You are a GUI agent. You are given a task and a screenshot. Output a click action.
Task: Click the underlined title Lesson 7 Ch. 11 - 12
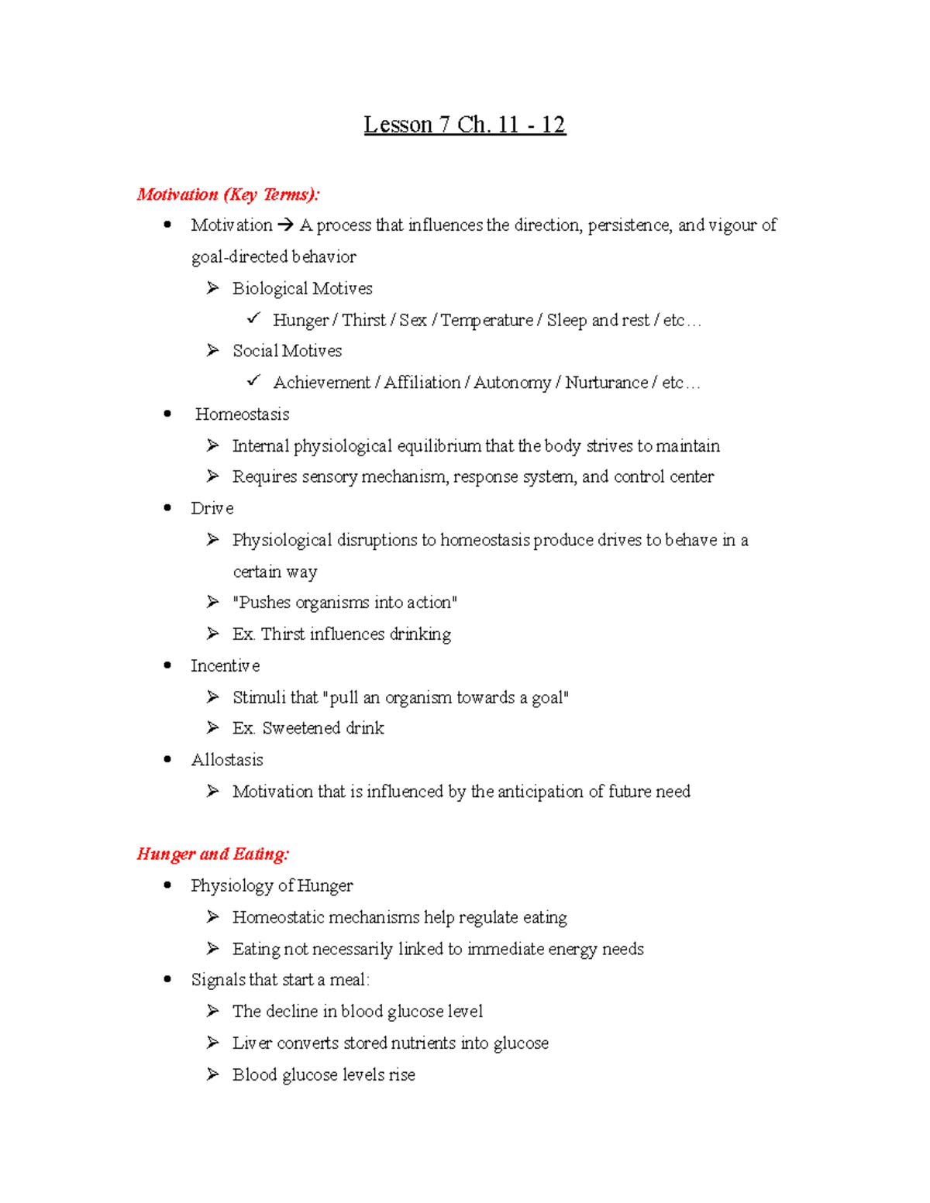[465, 125]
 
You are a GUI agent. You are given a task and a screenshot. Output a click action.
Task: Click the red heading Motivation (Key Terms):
[228, 194]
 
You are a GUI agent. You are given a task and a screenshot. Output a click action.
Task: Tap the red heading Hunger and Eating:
[213, 854]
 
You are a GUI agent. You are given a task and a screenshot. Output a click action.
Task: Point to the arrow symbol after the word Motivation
[285, 225]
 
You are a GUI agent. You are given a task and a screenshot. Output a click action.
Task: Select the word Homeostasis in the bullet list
[242, 414]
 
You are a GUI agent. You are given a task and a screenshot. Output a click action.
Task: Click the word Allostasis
[227, 760]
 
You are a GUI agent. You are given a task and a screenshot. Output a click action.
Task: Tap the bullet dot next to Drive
[167, 508]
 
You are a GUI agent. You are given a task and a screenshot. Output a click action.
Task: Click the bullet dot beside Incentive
[167, 665]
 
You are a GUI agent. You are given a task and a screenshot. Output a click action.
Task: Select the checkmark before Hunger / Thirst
[253, 318]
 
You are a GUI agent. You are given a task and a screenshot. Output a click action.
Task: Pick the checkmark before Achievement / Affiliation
[253, 381]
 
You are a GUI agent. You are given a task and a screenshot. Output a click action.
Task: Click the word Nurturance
[606, 383]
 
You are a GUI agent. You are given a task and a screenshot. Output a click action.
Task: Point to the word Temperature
[487, 321]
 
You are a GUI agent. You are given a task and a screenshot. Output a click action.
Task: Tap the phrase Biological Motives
[302, 289]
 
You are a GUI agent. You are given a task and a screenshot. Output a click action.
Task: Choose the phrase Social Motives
[287, 351]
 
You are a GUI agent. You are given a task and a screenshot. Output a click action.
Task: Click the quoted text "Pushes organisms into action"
[345, 603]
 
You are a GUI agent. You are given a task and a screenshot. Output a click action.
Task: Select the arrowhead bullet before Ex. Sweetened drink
[213, 727]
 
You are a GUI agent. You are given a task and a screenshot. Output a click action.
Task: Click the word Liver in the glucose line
[252, 1043]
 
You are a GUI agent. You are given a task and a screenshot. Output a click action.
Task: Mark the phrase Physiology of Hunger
[272, 886]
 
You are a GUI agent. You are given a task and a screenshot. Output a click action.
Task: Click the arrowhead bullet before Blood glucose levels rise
[213, 1074]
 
